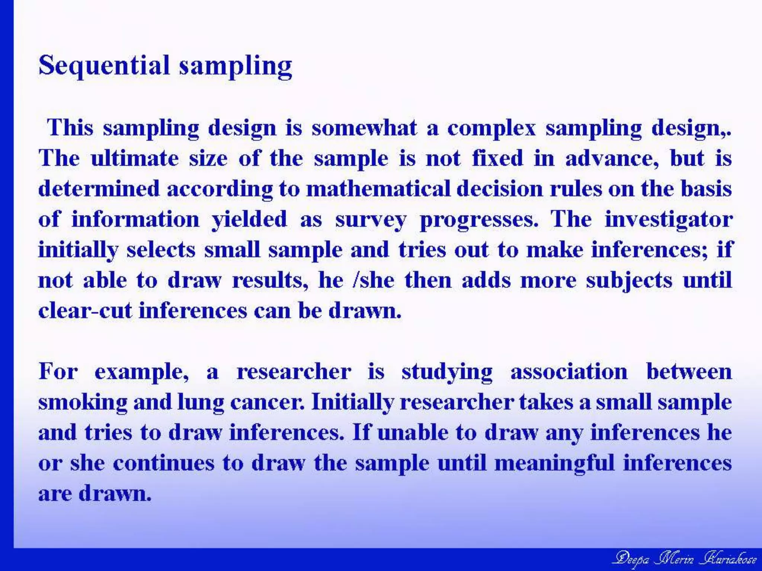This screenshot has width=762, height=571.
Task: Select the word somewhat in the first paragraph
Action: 364,128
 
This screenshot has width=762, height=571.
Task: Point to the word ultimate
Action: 135,158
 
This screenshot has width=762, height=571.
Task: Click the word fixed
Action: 497,158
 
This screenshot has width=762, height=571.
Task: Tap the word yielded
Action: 249,220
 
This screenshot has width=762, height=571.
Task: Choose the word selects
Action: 161,250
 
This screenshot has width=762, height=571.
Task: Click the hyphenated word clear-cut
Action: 85,311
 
